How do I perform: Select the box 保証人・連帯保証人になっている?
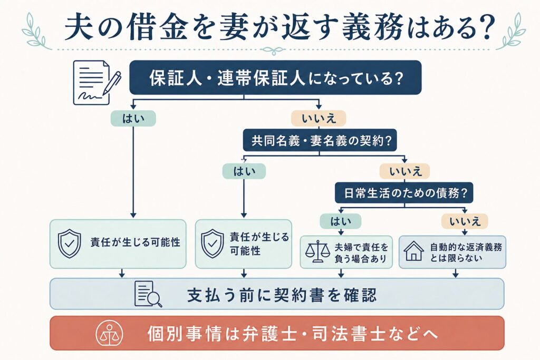[x=275, y=77]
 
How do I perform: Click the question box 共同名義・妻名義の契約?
[x=320, y=140]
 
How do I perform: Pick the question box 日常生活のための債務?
[x=404, y=192]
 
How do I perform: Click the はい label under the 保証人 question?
[x=133, y=119]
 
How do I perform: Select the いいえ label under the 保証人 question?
[x=319, y=119]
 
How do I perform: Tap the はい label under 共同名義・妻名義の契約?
[x=244, y=171]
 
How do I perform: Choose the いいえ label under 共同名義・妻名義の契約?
[x=404, y=171]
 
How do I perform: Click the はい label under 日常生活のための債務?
[x=341, y=221]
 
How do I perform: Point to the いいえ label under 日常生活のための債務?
[x=465, y=221]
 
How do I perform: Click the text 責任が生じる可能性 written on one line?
[x=136, y=242]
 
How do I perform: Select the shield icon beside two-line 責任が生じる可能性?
[x=212, y=244]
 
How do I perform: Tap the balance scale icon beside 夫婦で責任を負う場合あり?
[x=317, y=252]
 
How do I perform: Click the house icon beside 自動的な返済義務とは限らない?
[x=413, y=251]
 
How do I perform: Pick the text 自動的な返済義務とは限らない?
[x=466, y=252]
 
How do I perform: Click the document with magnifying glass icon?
[x=148, y=294]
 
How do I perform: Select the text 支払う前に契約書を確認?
[x=282, y=295]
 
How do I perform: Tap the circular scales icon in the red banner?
[x=109, y=334]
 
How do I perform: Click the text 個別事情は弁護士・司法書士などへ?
[x=292, y=334]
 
